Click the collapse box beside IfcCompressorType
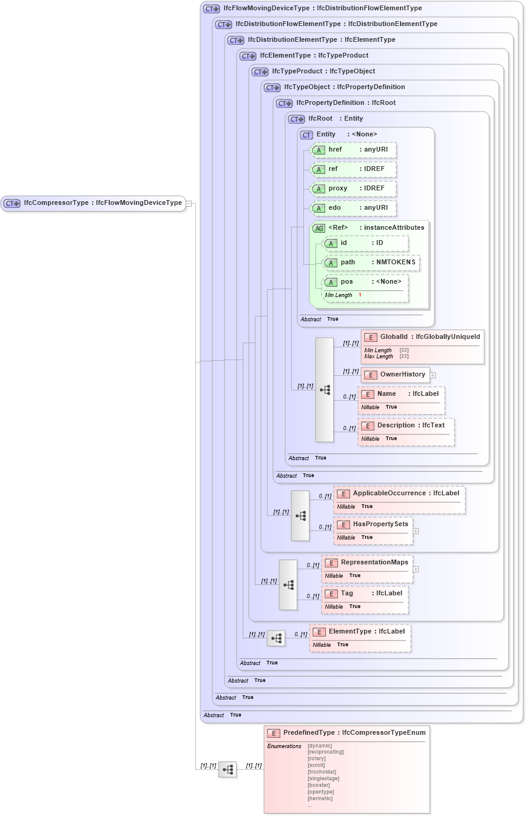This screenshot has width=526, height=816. [x=189, y=203]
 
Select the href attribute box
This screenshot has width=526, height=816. [x=352, y=150]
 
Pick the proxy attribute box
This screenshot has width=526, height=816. [x=352, y=189]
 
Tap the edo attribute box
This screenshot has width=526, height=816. [x=352, y=208]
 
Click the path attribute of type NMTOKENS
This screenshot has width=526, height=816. [x=371, y=263]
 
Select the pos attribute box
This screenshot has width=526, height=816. [x=364, y=282]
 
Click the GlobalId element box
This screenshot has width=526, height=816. [x=422, y=336]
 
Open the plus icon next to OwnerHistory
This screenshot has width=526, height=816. [x=433, y=375]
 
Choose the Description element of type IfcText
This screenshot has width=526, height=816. [x=405, y=426]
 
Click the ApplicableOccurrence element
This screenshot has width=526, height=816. [x=399, y=493]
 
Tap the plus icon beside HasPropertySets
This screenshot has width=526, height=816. [x=416, y=530]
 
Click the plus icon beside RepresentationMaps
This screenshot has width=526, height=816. [x=416, y=569]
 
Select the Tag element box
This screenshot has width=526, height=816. [x=364, y=594]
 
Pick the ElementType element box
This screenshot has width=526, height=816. [x=360, y=632]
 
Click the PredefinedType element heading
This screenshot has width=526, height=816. [x=346, y=733]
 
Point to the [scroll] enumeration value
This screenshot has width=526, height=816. [x=316, y=765]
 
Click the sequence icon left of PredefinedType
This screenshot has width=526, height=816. [x=228, y=770]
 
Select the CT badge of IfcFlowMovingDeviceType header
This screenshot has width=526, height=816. [x=212, y=8]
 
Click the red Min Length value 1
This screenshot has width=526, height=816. [x=360, y=295]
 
